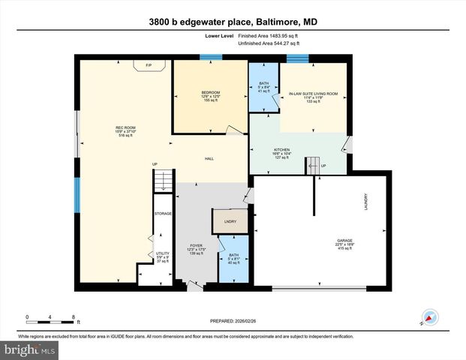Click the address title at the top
(x=233, y=22)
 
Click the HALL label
(x=210, y=159)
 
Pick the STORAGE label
(x=163, y=214)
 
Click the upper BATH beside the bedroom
(x=263, y=86)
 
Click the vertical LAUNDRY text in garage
(x=366, y=202)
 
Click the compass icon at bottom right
(x=430, y=317)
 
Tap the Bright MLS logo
(x=29, y=350)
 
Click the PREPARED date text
(x=233, y=320)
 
